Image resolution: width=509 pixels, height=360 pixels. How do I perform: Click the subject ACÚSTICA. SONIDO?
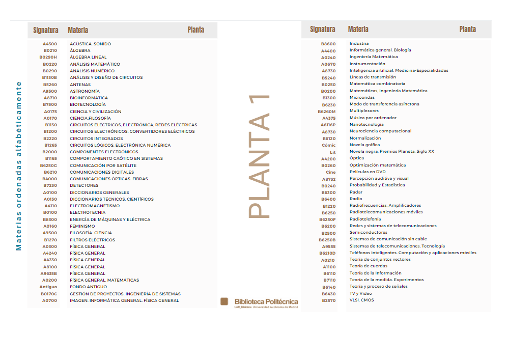tap(90, 44)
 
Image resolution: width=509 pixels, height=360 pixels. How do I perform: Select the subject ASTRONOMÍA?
tap(84, 91)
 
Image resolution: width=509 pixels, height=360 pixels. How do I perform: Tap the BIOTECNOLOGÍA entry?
tap(88, 104)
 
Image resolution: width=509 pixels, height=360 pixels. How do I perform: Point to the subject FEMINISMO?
tap(82, 226)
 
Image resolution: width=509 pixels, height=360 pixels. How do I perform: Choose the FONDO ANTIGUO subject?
tap(88, 287)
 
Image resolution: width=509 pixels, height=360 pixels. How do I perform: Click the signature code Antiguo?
tap(48, 287)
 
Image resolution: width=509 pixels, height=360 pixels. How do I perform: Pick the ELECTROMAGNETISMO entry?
tap(95, 206)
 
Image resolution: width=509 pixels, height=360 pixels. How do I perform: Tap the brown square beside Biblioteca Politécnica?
tap(224, 302)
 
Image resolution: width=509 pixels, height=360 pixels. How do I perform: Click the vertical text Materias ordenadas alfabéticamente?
tap(19, 165)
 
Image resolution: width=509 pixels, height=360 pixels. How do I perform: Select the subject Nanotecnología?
tap(366, 124)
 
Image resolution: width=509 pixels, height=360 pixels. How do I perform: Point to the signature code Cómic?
tap(329, 145)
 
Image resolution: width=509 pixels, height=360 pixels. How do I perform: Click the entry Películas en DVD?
tap(367, 172)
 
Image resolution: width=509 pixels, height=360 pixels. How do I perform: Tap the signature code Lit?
tap(332, 152)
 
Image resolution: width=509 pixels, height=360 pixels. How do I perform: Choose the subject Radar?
tap(356, 192)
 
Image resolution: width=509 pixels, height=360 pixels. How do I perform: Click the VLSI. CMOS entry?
tap(361, 300)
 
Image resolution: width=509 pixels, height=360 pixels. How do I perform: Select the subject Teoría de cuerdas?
tap(368, 266)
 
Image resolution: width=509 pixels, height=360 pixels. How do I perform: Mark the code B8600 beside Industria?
tap(328, 44)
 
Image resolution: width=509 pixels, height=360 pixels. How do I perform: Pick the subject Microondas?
tap(362, 97)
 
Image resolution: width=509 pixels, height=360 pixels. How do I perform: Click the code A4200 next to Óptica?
tap(328, 158)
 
